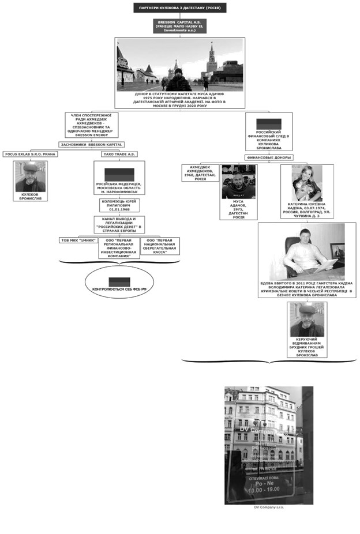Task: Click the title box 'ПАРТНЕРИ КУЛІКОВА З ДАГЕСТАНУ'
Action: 179,7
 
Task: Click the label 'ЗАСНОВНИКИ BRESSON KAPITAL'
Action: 92,144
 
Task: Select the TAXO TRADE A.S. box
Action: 119,155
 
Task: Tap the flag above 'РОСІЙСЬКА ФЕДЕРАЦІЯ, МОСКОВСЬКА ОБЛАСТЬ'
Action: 119,174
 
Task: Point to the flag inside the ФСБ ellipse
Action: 118,282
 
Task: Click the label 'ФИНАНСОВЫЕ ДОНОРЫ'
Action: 268,157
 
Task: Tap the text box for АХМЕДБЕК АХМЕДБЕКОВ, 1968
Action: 200,172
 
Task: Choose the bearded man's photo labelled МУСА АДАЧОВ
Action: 238,182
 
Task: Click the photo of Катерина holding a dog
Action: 306,182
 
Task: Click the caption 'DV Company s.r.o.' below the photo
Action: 268,508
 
